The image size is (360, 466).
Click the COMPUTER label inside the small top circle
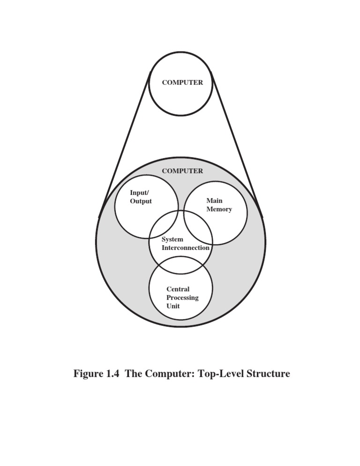coord(182,83)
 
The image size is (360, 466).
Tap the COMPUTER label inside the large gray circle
coord(182,171)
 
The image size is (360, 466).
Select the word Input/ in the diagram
coord(139,193)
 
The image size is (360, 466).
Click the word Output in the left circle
coord(141,201)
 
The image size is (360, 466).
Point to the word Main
coord(214,201)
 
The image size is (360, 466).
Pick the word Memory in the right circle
coord(219,209)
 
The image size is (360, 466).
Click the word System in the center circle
coord(172,239)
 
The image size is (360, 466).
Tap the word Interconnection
coord(185,248)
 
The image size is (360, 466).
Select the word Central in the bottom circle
coord(178,289)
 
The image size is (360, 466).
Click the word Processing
coord(182,298)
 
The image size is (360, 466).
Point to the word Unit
coord(173,306)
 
